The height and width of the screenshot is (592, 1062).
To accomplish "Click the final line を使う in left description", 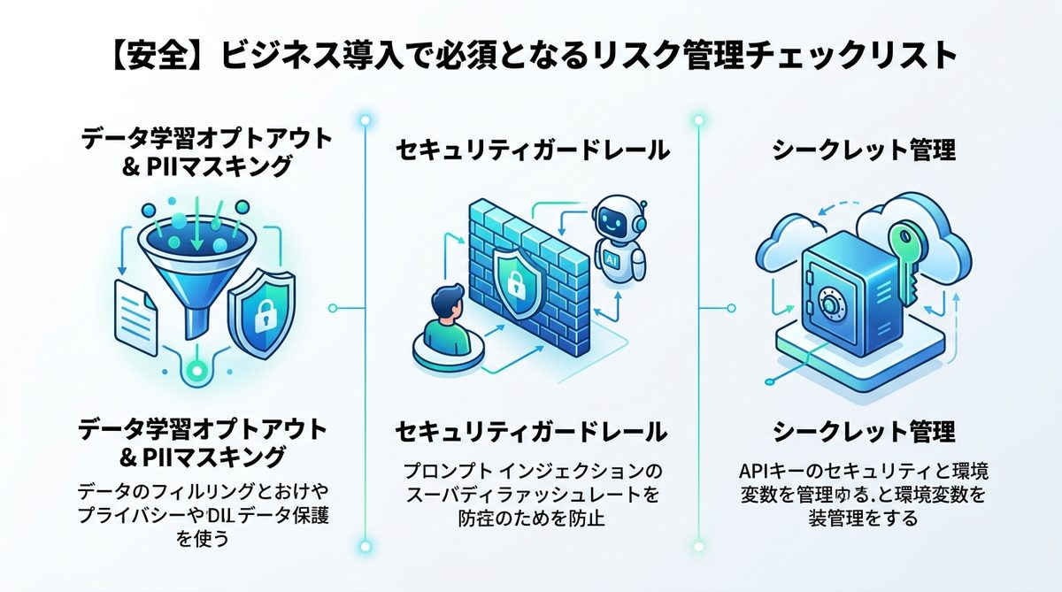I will [203, 539].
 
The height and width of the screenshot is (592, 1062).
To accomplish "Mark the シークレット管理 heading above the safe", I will [864, 150].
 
